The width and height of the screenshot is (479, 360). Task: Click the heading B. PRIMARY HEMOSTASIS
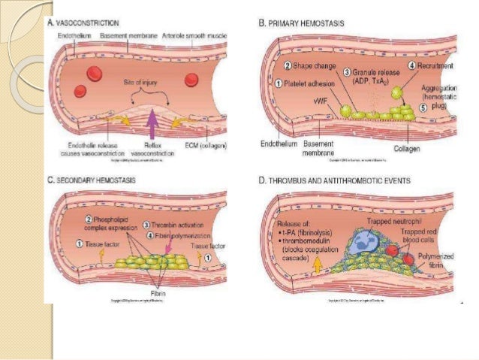302,24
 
